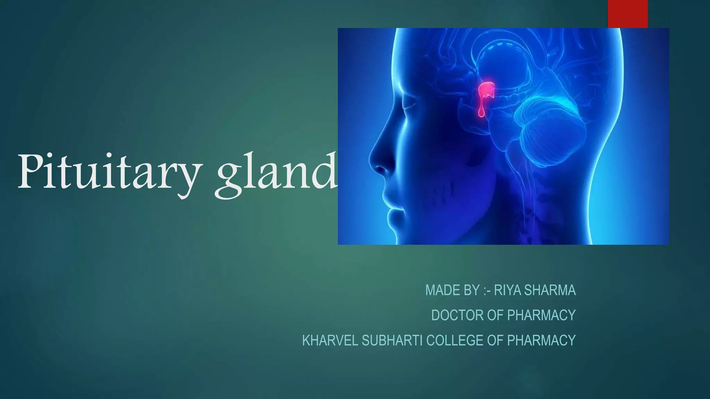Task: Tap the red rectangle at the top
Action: click(627, 14)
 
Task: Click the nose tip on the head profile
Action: click(373, 163)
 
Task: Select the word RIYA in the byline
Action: click(508, 290)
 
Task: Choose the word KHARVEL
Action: click(330, 340)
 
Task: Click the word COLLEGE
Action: click(454, 340)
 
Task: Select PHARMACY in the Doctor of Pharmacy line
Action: click(541, 315)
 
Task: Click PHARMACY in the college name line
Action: click(541, 340)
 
